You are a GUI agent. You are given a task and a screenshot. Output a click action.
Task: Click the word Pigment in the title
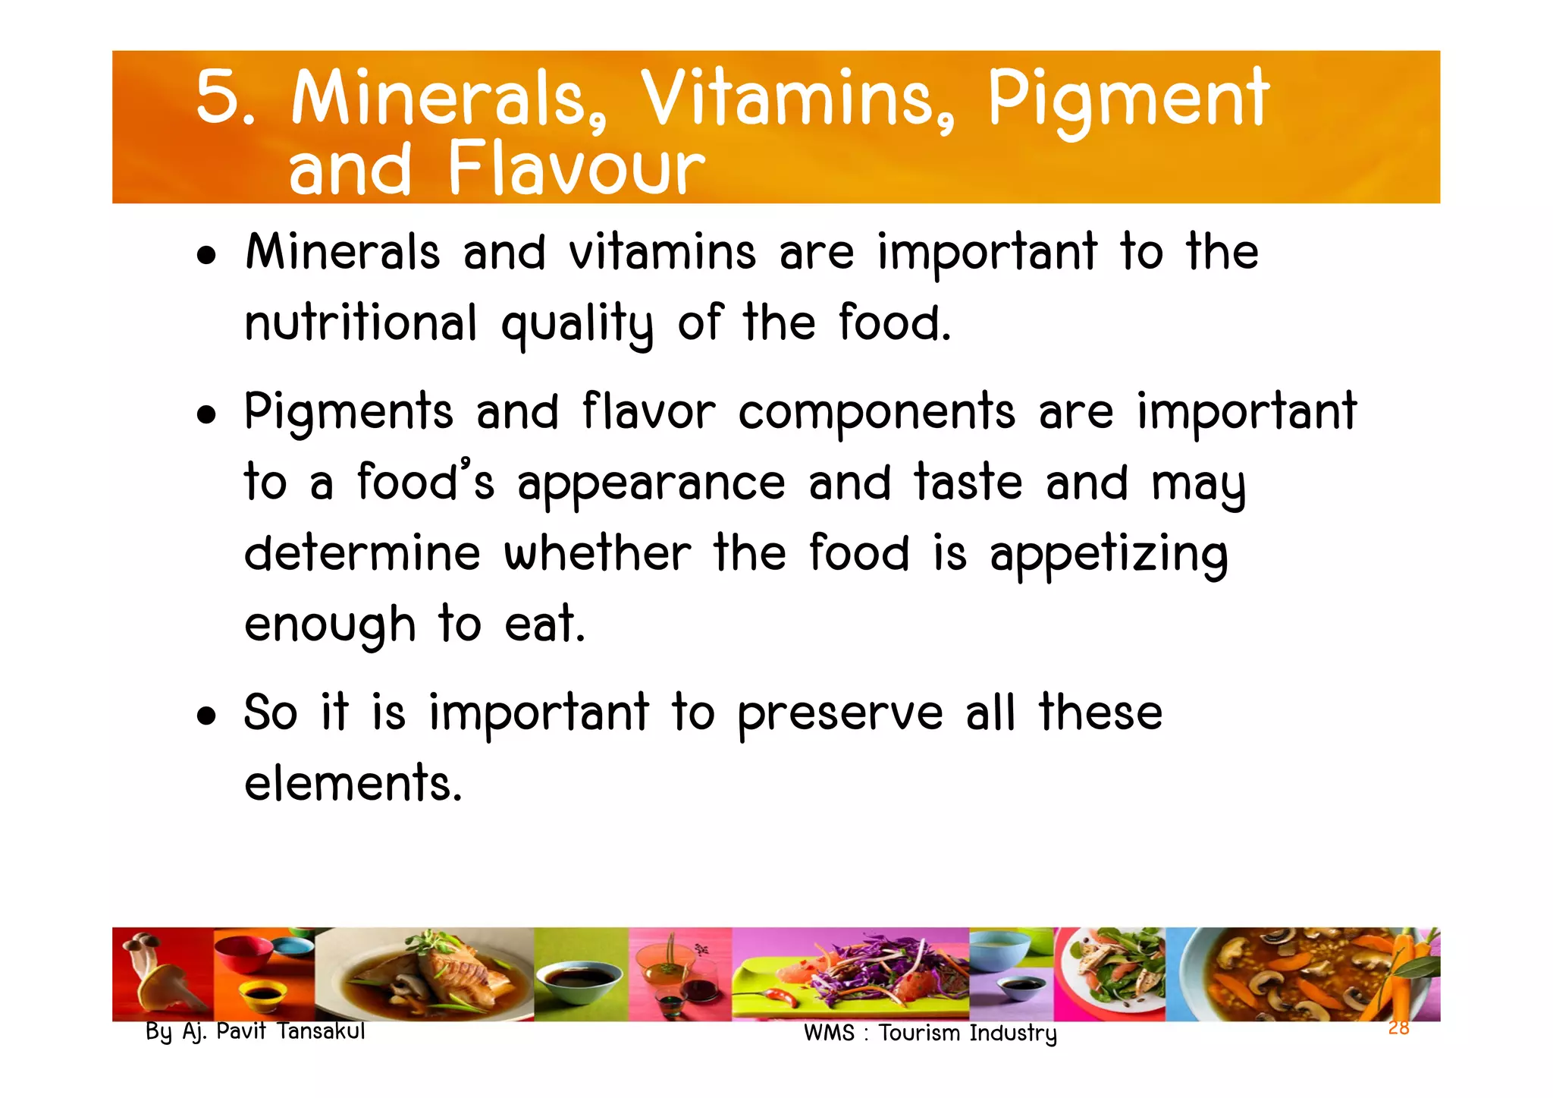(x=1128, y=100)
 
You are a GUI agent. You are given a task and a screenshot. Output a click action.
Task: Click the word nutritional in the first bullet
(x=361, y=323)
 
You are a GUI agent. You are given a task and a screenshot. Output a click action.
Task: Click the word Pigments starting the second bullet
(x=349, y=414)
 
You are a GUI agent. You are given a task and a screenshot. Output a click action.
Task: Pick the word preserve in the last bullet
(x=840, y=715)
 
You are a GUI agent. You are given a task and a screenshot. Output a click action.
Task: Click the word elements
(x=353, y=783)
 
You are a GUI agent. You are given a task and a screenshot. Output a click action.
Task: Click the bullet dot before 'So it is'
(x=205, y=716)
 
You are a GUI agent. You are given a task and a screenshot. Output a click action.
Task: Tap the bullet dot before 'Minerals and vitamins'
(x=205, y=255)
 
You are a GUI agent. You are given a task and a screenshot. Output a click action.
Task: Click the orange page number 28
(x=1398, y=1028)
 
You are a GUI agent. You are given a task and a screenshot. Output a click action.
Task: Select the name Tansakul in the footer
(x=322, y=1031)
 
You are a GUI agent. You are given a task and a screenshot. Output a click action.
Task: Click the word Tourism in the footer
(x=919, y=1033)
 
